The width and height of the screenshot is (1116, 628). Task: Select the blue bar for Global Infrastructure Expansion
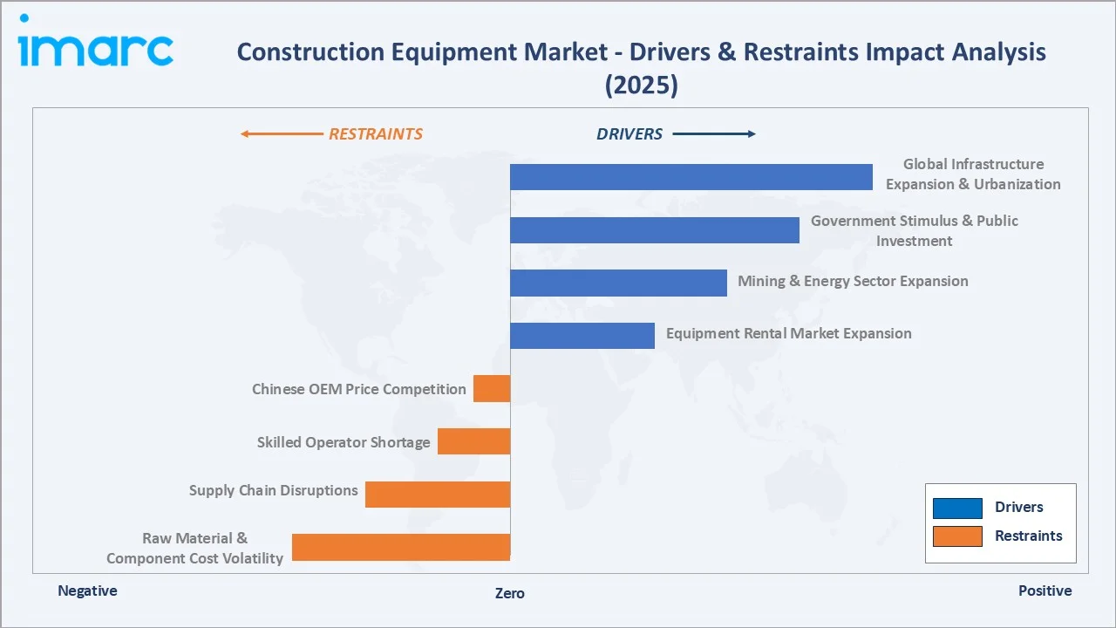coord(691,177)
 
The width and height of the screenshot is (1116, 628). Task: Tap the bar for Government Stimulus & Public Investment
coord(654,230)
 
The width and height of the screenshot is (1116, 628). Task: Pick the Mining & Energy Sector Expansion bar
coord(618,283)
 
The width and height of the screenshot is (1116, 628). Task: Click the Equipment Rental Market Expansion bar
coord(582,336)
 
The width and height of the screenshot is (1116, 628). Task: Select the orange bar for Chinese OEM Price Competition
coord(492,389)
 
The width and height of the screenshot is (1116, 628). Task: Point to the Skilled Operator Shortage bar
coord(473,441)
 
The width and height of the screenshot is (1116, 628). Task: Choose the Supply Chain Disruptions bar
coord(438,495)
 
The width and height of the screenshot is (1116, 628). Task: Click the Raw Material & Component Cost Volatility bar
coord(401,547)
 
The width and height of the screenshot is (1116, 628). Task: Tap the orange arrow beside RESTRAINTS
coord(281,134)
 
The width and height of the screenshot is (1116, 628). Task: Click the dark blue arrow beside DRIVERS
coord(714,134)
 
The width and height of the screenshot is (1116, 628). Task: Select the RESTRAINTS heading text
coord(375,134)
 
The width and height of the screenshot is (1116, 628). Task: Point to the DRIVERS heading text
coord(629,134)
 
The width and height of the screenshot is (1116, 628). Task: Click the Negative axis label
coord(87,590)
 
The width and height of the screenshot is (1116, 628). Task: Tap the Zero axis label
coord(510,593)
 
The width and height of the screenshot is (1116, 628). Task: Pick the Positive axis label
coord(1045,590)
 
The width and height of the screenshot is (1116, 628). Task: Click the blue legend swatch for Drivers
coord(957,508)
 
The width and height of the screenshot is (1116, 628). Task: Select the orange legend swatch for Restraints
coord(957,536)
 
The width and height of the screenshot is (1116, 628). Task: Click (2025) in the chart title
coord(641,85)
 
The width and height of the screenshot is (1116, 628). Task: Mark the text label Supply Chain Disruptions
coord(273,490)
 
